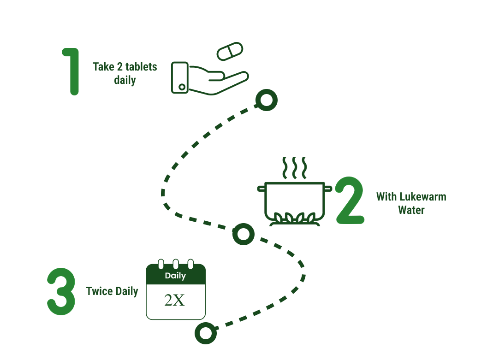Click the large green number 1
click(71, 71)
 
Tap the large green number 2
click(350, 201)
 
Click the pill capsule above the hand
click(230, 51)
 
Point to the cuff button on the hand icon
click(182, 87)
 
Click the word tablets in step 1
click(141, 67)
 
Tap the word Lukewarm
click(423, 197)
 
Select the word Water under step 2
click(411, 210)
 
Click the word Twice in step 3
click(99, 291)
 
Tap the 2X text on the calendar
click(175, 301)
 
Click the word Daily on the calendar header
click(175, 276)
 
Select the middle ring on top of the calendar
click(175, 264)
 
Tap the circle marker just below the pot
click(243, 234)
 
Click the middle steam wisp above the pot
click(294, 168)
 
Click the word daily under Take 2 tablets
click(125, 80)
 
